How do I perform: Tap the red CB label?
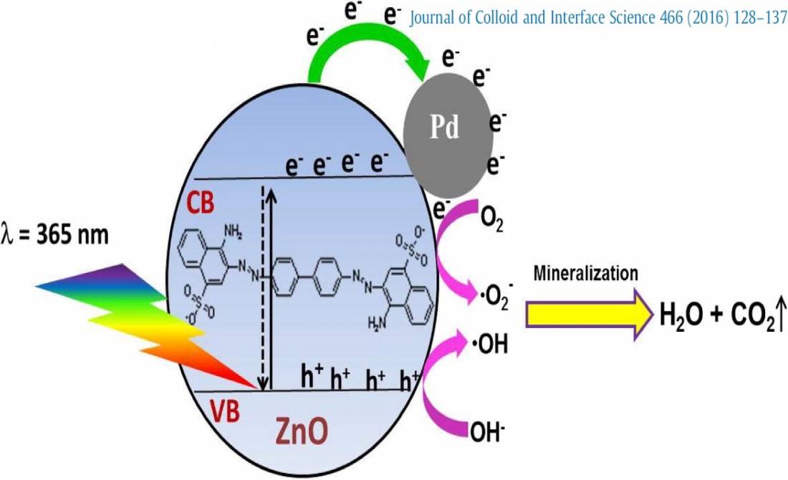(x=201, y=203)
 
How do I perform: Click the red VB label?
(x=225, y=411)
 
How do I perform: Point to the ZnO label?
(x=302, y=431)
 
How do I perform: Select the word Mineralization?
(x=586, y=274)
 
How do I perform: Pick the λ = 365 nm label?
(x=55, y=235)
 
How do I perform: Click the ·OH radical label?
(x=489, y=345)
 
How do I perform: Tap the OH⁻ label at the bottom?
(x=487, y=432)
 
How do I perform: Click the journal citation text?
(x=598, y=18)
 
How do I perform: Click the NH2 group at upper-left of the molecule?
(x=232, y=231)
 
